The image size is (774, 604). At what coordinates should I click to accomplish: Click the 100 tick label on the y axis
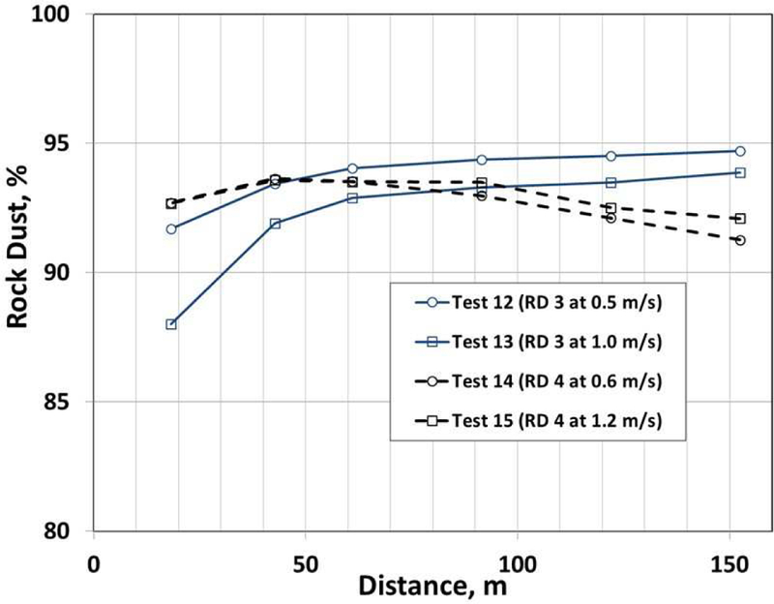click(60, 15)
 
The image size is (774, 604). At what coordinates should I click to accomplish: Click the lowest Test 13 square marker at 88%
click(171, 324)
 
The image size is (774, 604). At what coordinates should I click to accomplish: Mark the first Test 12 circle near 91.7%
click(171, 229)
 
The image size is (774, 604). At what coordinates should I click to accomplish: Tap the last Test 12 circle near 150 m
click(740, 151)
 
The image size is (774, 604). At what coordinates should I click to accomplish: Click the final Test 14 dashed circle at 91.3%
click(740, 240)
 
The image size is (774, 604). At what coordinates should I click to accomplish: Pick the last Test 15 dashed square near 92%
click(740, 219)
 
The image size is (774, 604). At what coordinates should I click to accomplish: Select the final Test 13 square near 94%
click(740, 172)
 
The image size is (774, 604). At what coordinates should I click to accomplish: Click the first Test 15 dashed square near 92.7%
click(171, 203)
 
